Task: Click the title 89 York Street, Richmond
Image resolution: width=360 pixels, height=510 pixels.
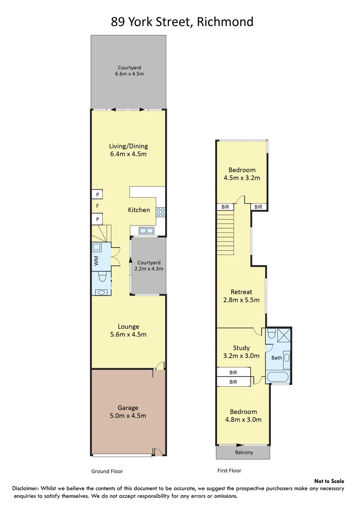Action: tap(182, 22)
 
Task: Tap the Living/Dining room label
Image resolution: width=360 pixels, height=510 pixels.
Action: tap(128, 150)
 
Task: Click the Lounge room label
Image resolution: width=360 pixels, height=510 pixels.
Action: tap(128, 331)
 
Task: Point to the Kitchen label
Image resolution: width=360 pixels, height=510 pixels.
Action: tap(139, 210)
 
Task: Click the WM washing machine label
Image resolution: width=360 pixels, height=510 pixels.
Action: tap(96, 260)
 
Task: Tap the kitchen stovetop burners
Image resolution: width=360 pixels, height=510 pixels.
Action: tap(160, 212)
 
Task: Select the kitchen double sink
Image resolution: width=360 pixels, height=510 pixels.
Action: tap(146, 231)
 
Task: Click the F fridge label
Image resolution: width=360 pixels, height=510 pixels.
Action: tap(97, 206)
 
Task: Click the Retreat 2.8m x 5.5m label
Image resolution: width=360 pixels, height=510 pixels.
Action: tap(241, 296)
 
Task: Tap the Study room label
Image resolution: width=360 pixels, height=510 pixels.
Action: tap(241, 352)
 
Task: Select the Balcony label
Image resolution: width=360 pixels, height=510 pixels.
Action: tap(244, 452)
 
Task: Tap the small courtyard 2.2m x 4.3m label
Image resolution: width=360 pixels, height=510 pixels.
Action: tap(149, 265)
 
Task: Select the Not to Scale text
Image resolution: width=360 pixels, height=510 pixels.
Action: tap(329, 481)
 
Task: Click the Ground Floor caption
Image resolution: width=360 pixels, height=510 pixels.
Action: tap(107, 471)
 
